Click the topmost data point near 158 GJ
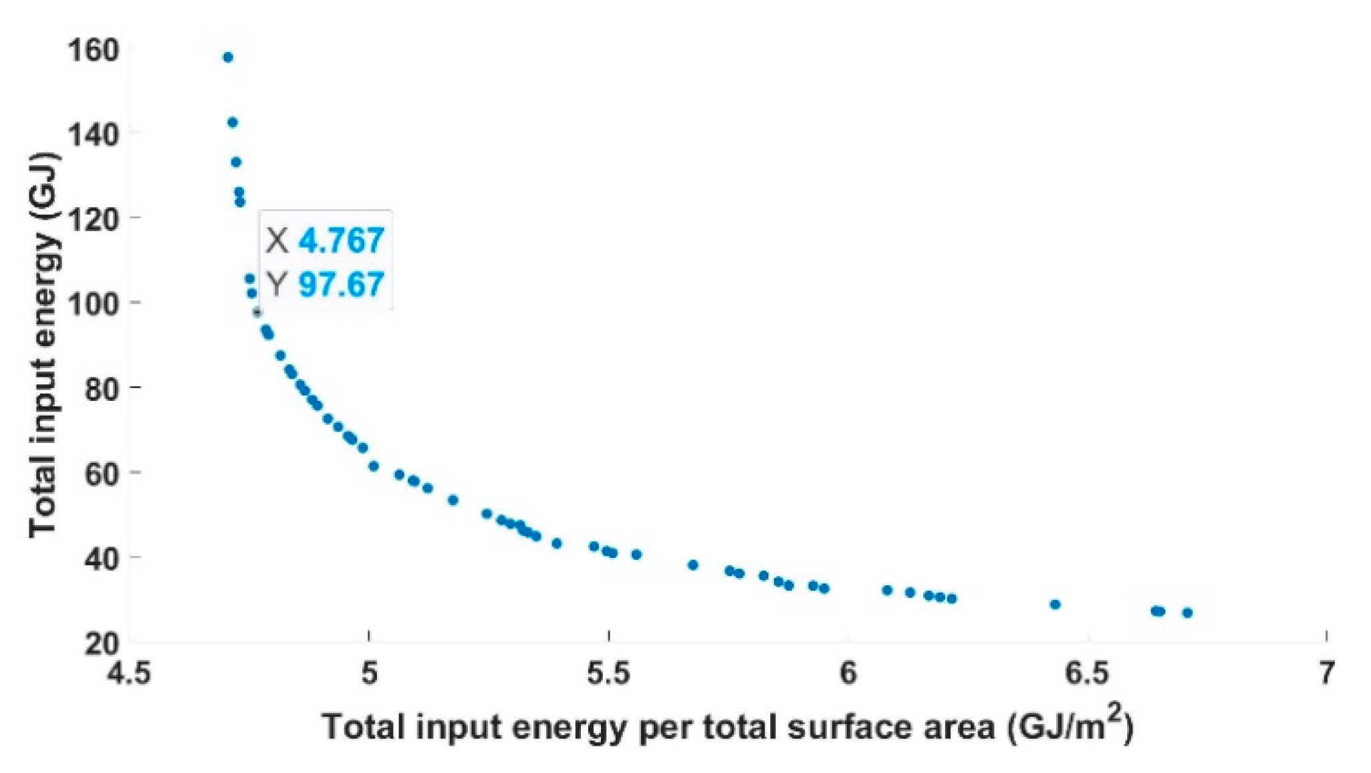pos(228,57)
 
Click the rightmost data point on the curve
pos(1187,613)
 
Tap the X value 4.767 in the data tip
pos(341,241)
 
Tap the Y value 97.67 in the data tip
pos(341,285)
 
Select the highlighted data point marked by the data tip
pos(257,312)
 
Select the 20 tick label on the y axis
pos(102,643)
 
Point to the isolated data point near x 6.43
pos(1055,605)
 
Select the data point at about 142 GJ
pos(233,122)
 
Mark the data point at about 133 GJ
pos(236,162)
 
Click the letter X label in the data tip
pos(277,241)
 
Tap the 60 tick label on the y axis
pos(102,472)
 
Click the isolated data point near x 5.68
pos(693,565)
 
